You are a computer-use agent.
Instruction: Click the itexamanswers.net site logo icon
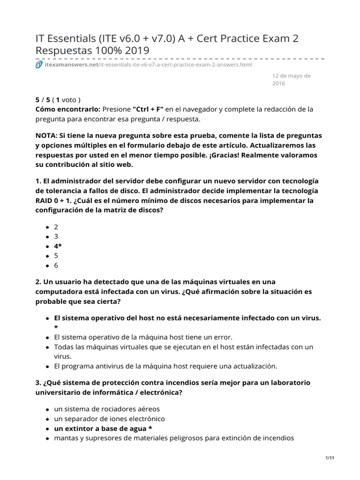[x=39, y=64]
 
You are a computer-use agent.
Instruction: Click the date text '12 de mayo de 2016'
[x=291, y=79]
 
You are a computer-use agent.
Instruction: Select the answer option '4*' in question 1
[x=58, y=246]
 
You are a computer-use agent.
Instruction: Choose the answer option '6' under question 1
[x=56, y=265]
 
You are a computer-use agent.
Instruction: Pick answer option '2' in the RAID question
[x=56, y=226]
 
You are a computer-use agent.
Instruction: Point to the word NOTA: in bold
[x=47, y=135]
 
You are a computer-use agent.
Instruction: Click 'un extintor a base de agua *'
[x=103, y=428]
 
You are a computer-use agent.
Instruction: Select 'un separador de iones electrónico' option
[x=110, y=419]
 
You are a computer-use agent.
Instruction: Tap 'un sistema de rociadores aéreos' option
[x=107, y=409]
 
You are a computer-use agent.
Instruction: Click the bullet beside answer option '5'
[x=48, y=256]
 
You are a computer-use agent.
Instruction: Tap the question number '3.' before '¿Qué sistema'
[x=38, y=382]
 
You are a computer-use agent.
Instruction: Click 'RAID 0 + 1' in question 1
[x=54, y=201]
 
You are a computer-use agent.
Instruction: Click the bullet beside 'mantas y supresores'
[x=48, y=439]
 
